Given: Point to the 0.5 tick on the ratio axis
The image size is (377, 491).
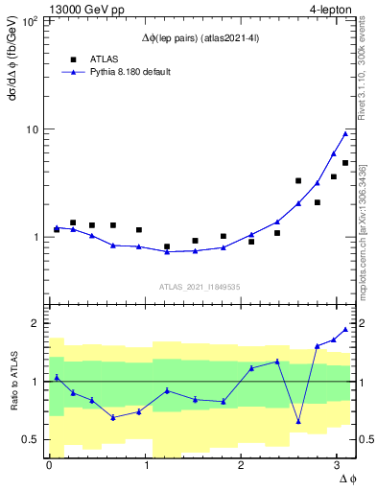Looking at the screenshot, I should pyautogui.click(x=32, y=439).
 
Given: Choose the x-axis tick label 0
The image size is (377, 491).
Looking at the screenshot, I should pyautogui.click(x=49, y=464).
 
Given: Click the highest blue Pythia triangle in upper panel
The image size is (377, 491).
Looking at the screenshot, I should pyautogui.click(x=345, y=133).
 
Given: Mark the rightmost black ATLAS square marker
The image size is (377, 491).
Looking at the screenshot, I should pyautogui.click(x=345, y=163).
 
